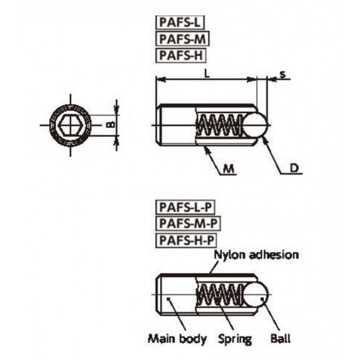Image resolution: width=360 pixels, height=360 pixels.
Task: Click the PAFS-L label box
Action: click(180, 23)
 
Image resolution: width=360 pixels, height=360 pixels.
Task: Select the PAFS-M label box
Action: click(183, 39)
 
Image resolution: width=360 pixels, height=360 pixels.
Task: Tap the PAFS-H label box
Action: click(181, 55)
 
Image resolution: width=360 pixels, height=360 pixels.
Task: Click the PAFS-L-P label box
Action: click(185, 207)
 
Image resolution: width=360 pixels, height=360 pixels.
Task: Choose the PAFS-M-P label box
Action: click(188, 223)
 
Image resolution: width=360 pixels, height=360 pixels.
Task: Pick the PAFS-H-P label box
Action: click(186, 240)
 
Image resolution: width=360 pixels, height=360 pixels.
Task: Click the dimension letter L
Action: click(207, 74)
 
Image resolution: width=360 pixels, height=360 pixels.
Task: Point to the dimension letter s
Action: click(283, 74)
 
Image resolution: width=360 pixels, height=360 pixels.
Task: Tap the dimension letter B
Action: click(111, 125)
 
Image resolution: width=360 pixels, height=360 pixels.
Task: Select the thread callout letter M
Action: click(229, 169)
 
